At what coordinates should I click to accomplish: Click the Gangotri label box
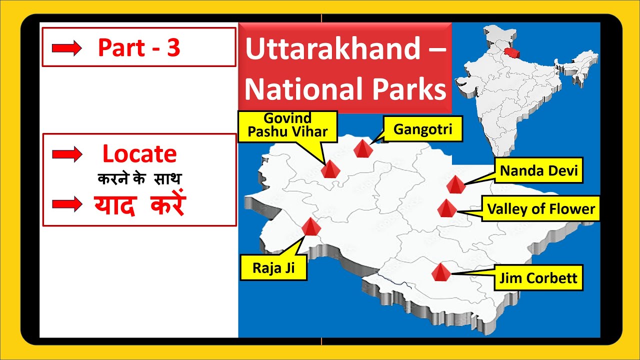(423, 129)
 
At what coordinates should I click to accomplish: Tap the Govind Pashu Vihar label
(288, 126)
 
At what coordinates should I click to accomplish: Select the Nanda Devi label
(539, 171)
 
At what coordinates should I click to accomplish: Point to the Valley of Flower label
(541, 208)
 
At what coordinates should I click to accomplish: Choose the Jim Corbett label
(538, 278)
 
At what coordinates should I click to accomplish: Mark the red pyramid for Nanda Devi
(455, 184)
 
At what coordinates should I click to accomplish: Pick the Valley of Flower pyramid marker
(445, 208)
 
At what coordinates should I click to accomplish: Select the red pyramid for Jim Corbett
(441, 272)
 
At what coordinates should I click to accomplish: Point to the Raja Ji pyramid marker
(311, 227)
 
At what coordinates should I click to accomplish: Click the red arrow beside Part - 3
(66, 48)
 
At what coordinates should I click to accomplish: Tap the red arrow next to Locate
(67, 155)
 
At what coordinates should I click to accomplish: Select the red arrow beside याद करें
(67, 204)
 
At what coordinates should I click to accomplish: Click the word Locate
(139, 154)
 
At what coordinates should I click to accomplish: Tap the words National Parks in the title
(345, 89)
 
